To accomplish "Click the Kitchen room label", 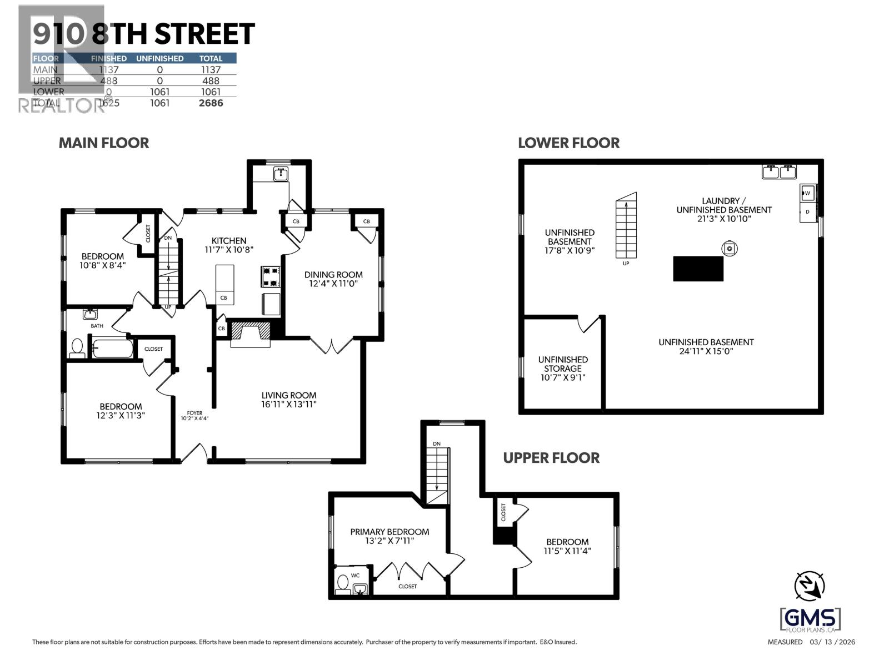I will (x=229, y=241).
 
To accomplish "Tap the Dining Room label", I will (x=333, y=275).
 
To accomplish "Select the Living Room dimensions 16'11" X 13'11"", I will (x=289, y=405).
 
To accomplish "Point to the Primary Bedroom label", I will (x=389, y=532).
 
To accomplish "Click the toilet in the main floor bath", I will (x=77, y=347).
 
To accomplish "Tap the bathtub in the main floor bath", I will (x=113, y=349).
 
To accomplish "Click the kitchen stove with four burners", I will (x=270, y=276).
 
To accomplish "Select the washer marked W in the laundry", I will (x=808, y=193).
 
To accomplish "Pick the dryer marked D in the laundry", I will (x=807, y=212).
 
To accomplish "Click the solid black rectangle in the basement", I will (x=698, y=269).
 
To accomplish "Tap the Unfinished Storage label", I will (x=563, y=364).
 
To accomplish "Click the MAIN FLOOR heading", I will (x=104, y=143).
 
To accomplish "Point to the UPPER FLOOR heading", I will (x=551, y=458).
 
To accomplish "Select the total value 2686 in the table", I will (x=211, y=103).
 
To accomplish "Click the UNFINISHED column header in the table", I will (x=159, y=58).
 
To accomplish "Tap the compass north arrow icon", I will (x=810, y=586).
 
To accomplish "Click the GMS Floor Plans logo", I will (x=810, y=619).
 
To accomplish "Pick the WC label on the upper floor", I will (x=356, y=576).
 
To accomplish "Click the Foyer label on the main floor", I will (x=194, y=413).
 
